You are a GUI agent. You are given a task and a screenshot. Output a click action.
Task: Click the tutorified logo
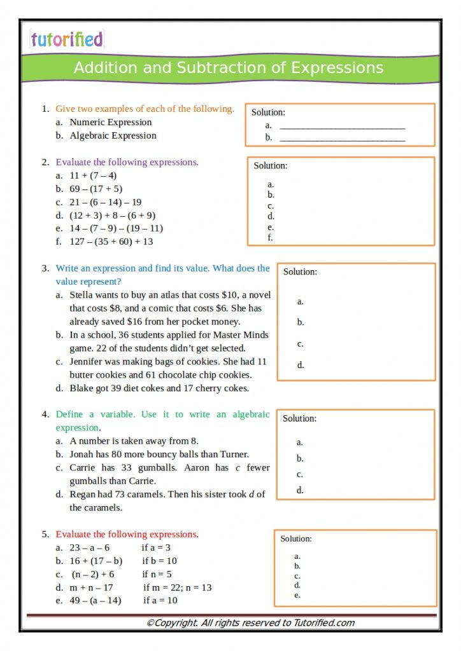(x=66, y=39)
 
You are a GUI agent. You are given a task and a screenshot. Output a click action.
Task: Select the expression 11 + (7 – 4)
(x=93, y=175)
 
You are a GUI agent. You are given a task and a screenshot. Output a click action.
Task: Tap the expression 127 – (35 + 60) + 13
(x=111, y=242)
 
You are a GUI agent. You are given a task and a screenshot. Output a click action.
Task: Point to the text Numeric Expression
(x=111, y=122)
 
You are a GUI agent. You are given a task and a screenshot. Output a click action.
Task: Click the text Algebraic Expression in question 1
(x=113, y=135)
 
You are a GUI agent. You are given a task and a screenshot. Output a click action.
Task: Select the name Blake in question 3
(x=82, y=388)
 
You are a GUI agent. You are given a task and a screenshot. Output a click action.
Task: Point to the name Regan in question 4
(x=83, y=494)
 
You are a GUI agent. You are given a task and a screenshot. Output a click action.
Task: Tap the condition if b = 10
(x=159, y=561)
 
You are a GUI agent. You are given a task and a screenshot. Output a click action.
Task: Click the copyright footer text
(x=250, y=623)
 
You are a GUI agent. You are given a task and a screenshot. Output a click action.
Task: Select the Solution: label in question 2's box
(x=271, y=166)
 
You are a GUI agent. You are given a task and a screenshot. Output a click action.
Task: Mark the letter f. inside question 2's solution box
(x=271, y=238)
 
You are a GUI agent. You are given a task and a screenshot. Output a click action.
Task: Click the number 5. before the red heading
(x=46, y=535)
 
